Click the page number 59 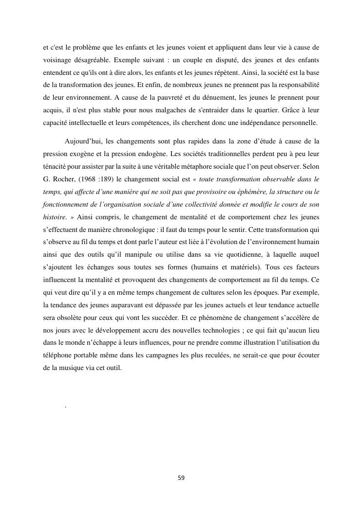[x=181, y=478]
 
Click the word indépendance [x=249, y=123]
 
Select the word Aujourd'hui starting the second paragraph [x=82, y=141]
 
